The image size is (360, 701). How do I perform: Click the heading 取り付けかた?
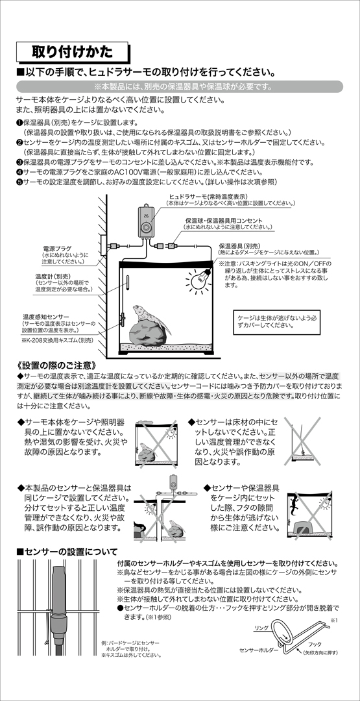[72, 52]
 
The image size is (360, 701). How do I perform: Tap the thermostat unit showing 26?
[145, 221]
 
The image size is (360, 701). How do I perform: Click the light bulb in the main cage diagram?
[199, 279]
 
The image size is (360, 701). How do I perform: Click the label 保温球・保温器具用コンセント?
[224, 221]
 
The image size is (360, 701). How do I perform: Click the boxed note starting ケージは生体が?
[278, 321]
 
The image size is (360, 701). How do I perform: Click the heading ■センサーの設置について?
[67, 551]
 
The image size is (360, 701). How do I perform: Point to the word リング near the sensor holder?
[261, 628]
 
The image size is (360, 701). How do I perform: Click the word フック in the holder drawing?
[315, 645]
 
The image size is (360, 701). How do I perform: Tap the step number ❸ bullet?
[19, 162]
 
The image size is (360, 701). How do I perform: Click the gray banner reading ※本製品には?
[180, 86]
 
